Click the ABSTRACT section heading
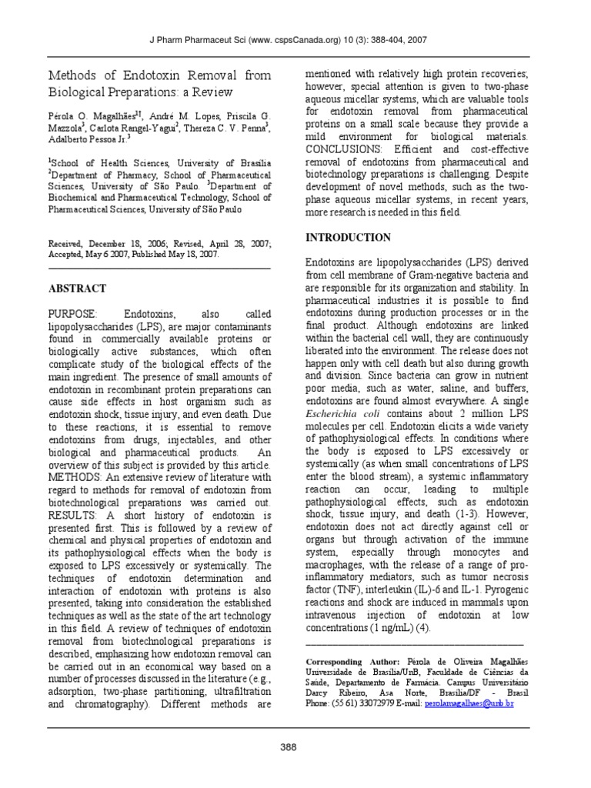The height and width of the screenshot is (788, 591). click(78, 289)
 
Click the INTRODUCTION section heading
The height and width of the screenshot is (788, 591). click(348, 237)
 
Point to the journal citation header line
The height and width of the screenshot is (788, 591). click(295, 40)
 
